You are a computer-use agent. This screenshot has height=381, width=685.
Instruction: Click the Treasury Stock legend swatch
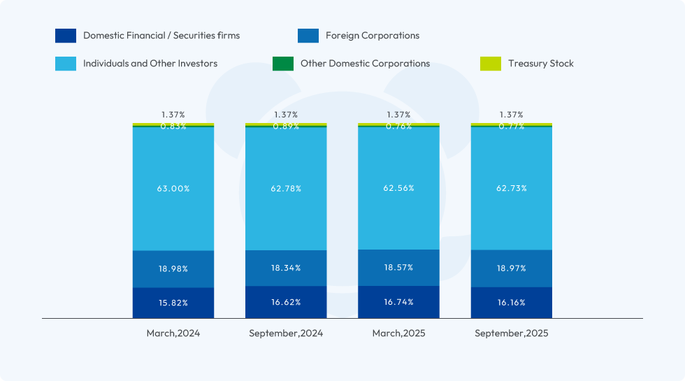click(491, 64)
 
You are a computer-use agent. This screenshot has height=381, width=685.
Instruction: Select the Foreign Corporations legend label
click(373, 36)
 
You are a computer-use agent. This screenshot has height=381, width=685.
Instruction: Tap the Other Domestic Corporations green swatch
click(283, 64)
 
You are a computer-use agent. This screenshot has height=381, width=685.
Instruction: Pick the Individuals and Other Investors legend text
click(150, 64)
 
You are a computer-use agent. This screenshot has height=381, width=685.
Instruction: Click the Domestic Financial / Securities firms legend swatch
click(66, 36)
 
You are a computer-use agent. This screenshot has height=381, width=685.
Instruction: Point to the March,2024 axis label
click(173, 333)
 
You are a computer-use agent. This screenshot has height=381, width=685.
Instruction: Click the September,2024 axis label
click(286, 333)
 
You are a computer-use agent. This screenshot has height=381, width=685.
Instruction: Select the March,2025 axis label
click(398, 333)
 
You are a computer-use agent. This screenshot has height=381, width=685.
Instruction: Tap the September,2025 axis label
click(511, 333)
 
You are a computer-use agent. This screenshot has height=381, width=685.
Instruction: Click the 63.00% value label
click(173, 189)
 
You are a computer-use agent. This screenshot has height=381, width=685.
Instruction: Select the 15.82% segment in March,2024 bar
click(173, 303)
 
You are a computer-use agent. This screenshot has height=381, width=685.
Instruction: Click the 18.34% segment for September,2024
click(286, 268)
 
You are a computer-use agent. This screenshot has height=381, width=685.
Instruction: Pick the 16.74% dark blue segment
click(398, 302)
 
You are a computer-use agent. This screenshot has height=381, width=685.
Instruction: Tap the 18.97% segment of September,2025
click(511, 268)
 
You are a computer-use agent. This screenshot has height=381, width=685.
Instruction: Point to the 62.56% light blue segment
click(398, 188)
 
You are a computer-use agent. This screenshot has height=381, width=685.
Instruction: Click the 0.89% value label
click(286, 127)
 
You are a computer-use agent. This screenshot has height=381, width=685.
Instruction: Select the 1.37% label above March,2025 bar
click(398, 115)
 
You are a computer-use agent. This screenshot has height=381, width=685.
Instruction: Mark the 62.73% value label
click(511, 189)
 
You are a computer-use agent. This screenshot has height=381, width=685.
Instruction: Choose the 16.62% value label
click(286, 302)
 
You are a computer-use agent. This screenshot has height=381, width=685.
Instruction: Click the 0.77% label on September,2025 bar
click(511, 127)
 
